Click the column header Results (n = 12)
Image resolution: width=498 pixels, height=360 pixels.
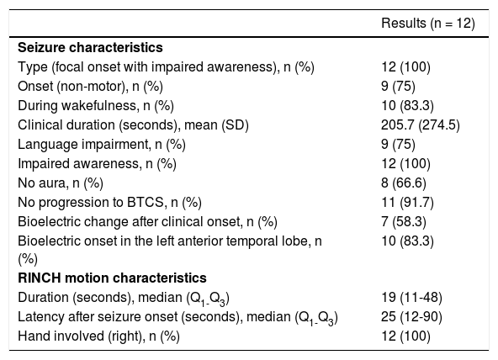(x=428, y=24)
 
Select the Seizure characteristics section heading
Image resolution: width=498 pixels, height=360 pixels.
(x=90, y=48)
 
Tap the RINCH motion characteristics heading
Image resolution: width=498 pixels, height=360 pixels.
(x=112, y=278)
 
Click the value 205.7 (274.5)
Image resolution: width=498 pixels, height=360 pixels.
(x=421, y=125)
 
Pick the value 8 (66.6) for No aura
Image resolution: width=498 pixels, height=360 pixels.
(x=404, y=183)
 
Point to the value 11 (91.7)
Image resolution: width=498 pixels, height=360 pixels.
(x=407, y=203)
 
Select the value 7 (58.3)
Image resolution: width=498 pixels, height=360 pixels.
(x=404, y=222)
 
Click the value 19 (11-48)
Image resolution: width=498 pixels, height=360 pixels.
(x=411, y=298)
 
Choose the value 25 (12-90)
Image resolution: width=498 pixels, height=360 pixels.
(x=411, y=317)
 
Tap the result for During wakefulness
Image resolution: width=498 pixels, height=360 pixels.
(x=407, y=106)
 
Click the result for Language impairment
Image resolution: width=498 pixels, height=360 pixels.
(x=398, y=145)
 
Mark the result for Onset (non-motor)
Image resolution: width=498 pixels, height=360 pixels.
(x=398, y=87)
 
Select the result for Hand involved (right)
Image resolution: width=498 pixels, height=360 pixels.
(x=405, y=336)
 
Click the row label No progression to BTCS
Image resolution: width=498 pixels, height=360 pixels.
(x=109, y=203)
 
